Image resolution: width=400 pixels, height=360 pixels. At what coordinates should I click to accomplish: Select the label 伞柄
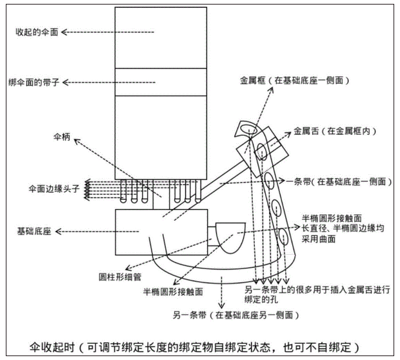tap(63, 137)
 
